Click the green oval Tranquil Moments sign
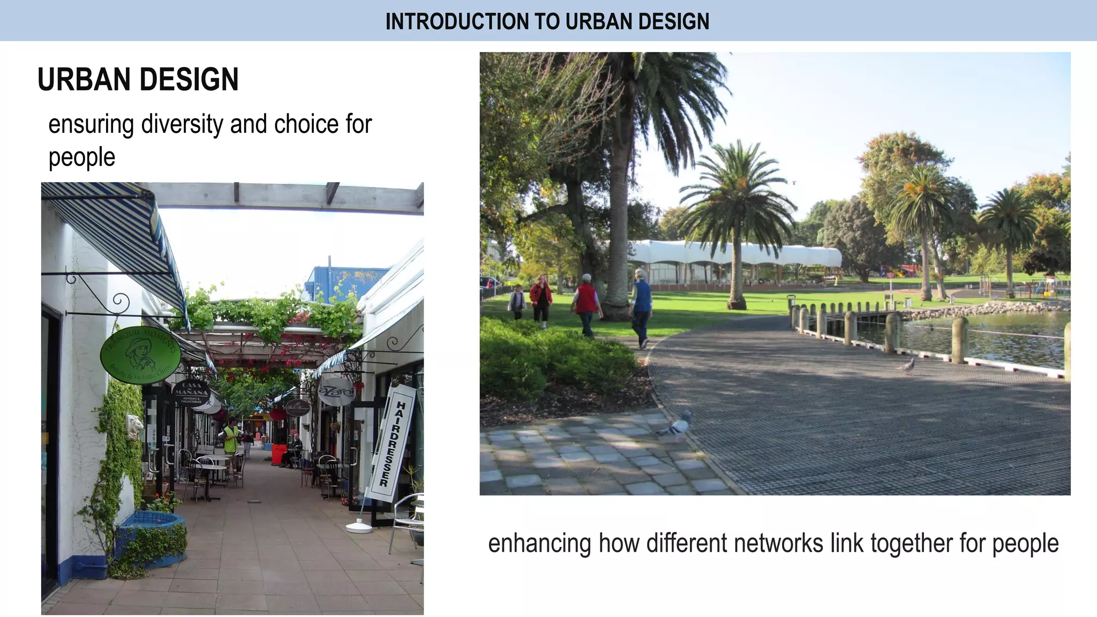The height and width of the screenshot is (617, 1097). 141,355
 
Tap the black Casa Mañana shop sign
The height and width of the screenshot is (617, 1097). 191,393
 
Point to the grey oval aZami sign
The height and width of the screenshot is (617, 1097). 336,392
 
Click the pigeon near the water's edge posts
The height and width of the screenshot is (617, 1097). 907,366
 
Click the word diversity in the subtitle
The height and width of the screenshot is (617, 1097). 182,125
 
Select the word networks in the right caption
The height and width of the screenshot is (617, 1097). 778,543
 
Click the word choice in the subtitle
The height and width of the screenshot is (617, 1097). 306,125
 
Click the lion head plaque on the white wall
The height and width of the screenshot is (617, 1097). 136,427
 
